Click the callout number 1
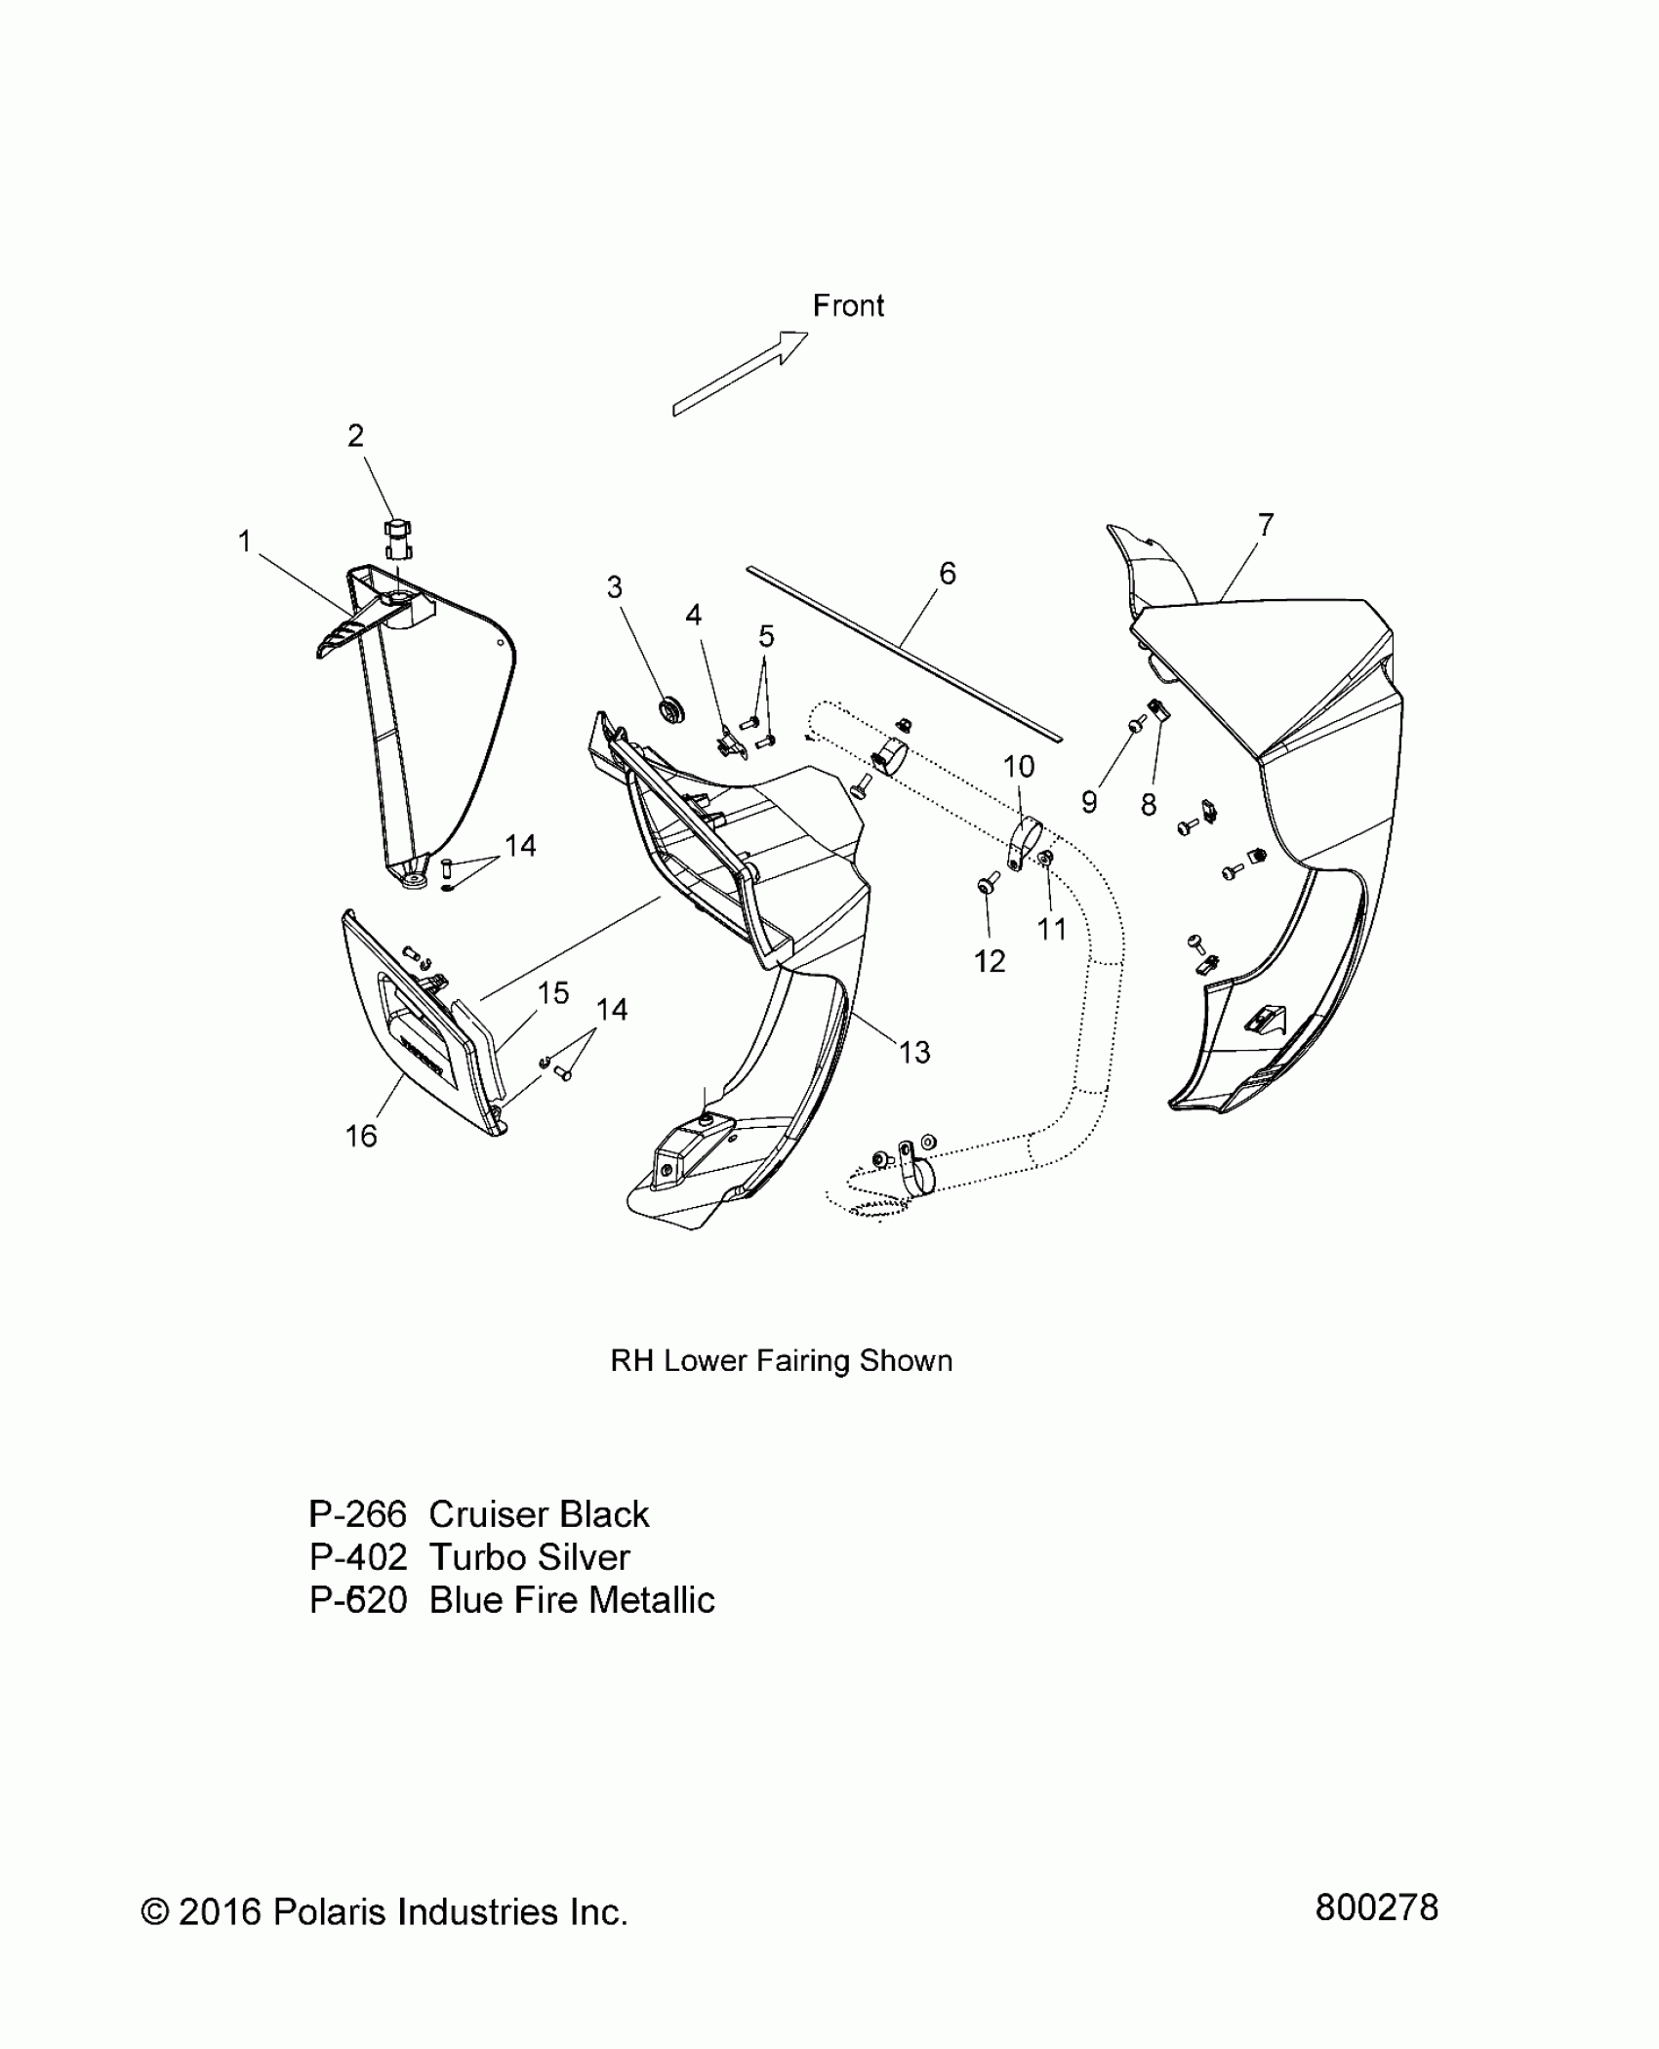tap(245, 542)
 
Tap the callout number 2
tap(355, 436)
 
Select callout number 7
tap(1266, 525)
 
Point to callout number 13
tap(914, 1052)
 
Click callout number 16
tap(361, 1136)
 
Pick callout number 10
tap(1019, 767)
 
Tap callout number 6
tap(947, 574)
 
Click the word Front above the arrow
tap(848, 306)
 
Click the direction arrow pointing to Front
tap(741, 374)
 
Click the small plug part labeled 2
tap(395, 539)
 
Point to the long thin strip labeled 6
tap(903, 648)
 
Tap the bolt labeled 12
tap(985, 885)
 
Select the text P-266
tap(357, 1514)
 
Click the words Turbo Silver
tap(529, 1557)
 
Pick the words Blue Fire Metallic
tap(572, 1600)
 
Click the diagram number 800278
tap(1376, 1908)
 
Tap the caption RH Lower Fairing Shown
tap(781, 1361)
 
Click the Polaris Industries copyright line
tap(384, 1912)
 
